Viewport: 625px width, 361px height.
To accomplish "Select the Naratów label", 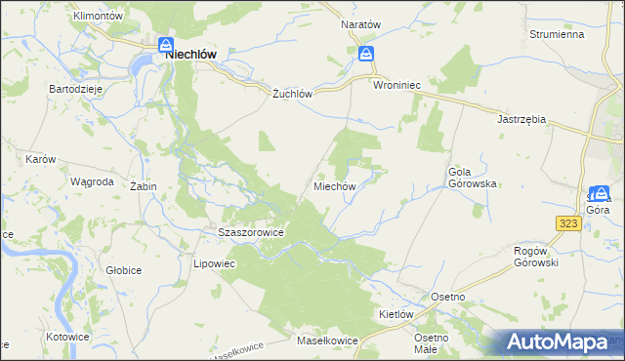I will coord(359,22).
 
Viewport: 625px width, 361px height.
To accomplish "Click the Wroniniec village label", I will coord(396,86).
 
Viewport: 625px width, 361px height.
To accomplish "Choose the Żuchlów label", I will coord(291,95).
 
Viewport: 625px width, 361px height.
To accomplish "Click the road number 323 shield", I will coord(569,223).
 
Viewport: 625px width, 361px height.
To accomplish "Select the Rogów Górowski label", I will coord(535,257).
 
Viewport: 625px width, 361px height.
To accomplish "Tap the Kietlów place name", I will coord(397,315).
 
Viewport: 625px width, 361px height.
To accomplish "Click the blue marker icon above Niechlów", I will coord(166,45).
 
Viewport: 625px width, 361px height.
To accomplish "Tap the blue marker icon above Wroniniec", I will coord(365,54).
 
